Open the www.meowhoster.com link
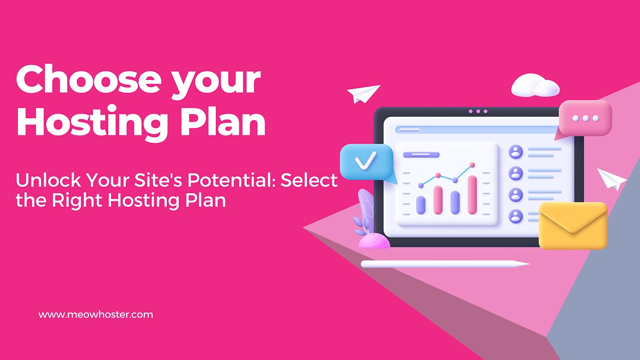pyautogui.click(x=95, y=314)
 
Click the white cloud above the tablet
pyautogui.click(x=534, y=86)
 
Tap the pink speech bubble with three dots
pyautogui.click(x=585, y=118)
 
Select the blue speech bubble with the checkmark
pyautogui.click(x=366, y=162)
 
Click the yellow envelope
pyautogui.click(x=573, y=225)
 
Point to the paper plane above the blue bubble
pyautogui.click(x=363, y=93)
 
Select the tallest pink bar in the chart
pyautogui.click(x=472, y=194)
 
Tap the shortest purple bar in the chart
pyautogui.click(x=421, y=204)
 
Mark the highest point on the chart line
pyautogui.click(x=472, y=164)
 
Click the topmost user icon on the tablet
pyautogui.click(x=515, y=151)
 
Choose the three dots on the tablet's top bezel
pyautogui.click(x=478, y=111)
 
